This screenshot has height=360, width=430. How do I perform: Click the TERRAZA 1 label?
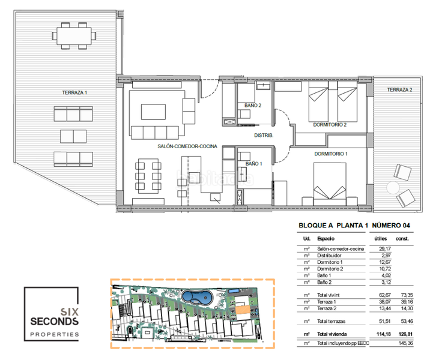74,92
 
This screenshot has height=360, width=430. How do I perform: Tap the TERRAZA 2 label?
399,89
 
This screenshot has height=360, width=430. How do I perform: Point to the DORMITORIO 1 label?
331,154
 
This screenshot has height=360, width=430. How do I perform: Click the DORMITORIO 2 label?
330,125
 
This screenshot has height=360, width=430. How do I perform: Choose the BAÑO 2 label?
253,106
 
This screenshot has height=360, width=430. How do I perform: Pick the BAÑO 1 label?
253,163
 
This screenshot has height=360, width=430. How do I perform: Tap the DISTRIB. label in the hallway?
264,136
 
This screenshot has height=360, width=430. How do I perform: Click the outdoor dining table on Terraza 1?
74,35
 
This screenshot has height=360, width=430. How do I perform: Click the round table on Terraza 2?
394,187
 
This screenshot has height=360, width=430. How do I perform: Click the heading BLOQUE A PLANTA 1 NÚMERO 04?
355,226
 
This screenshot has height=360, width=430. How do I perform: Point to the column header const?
402,239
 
